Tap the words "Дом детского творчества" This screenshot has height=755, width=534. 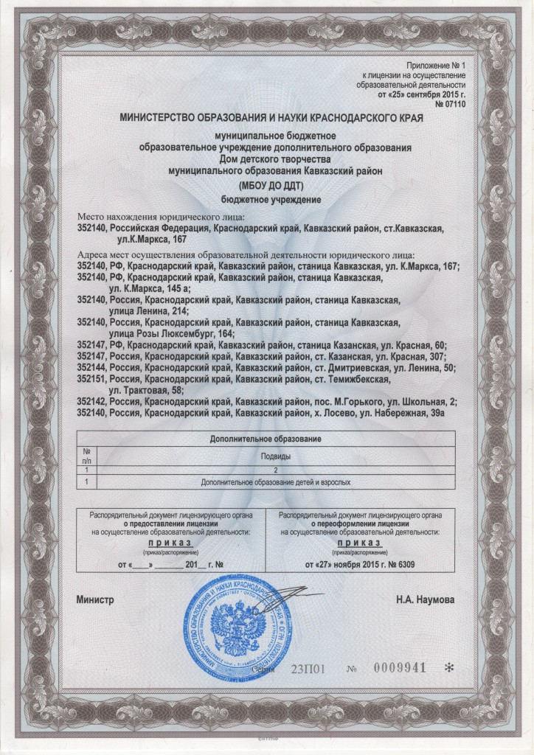pos(266,158)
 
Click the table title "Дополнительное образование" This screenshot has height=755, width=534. pos(266,439)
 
